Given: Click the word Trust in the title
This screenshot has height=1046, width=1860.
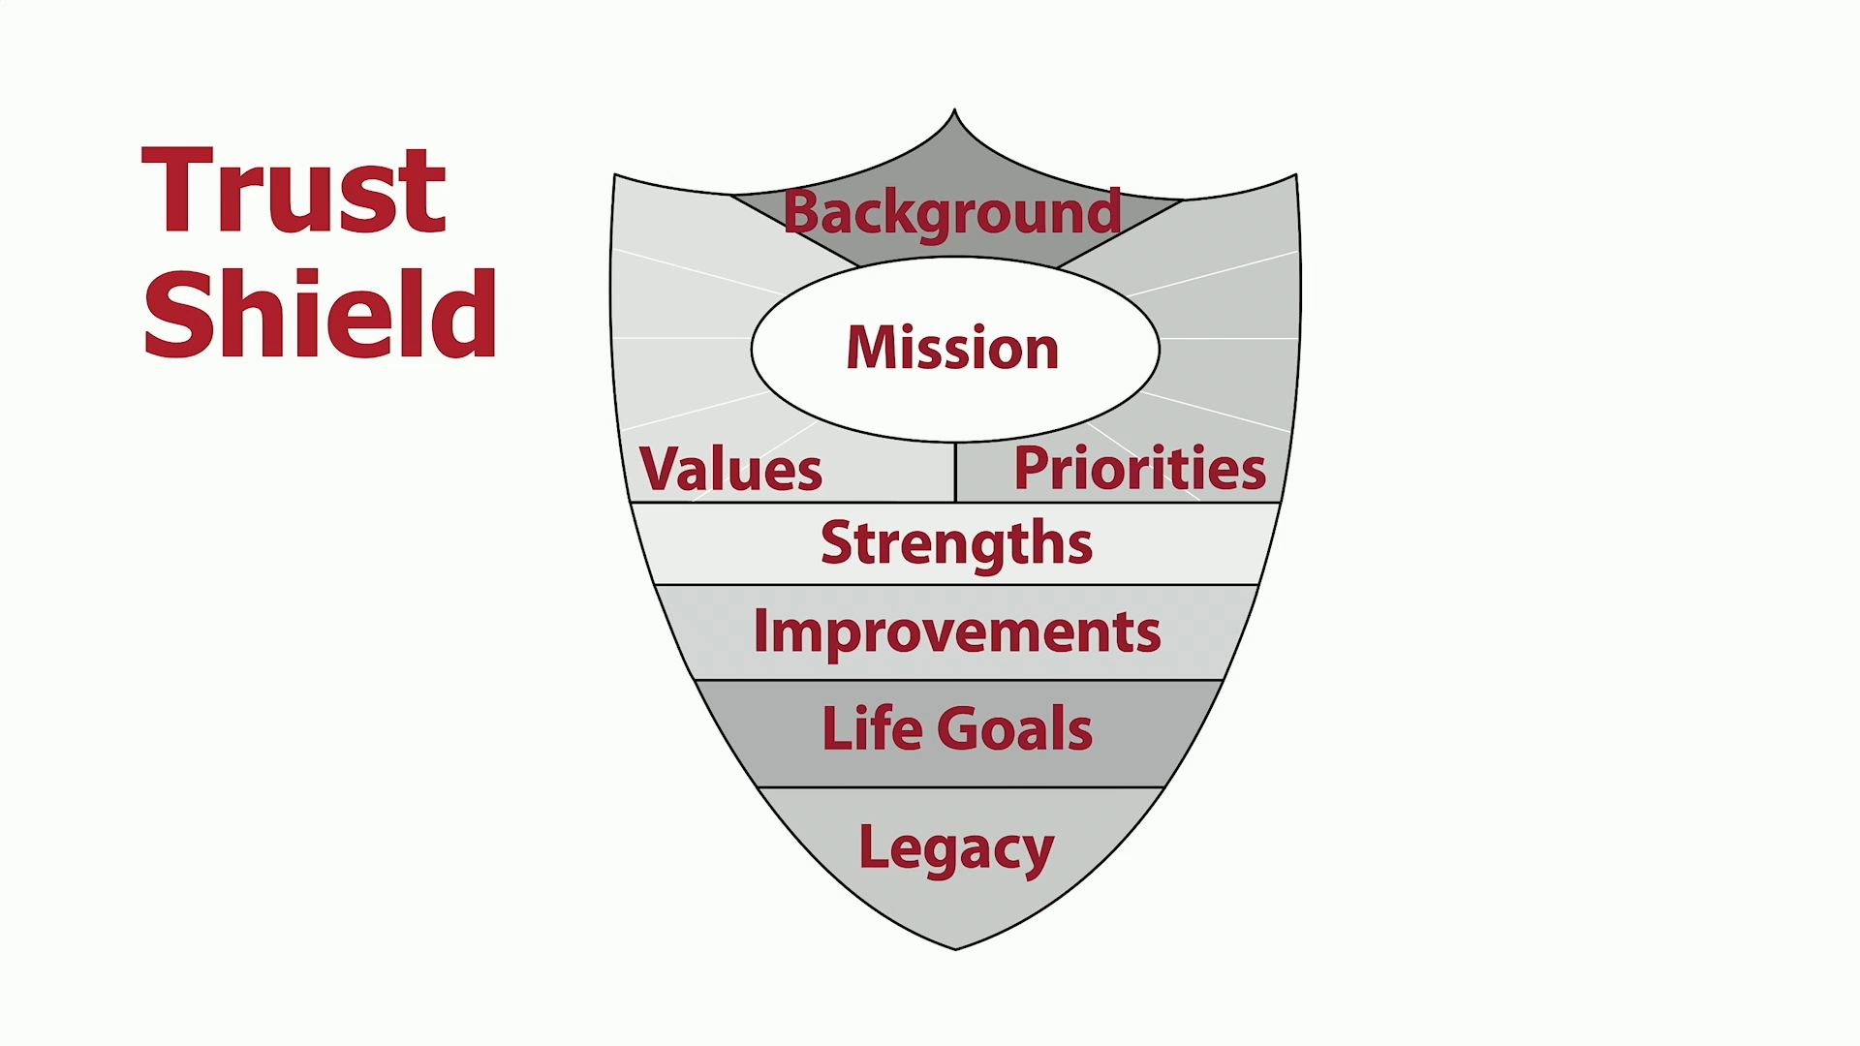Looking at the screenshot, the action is pyautogui.click(x=294, y=191).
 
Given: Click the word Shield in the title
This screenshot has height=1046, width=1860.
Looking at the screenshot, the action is pyautogui.click(x=320, y=313).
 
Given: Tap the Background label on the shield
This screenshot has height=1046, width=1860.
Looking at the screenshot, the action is pyautogui.click(x=952, y=214).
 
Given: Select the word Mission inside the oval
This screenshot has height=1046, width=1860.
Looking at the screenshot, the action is pyautogui.click(x=952, y=348).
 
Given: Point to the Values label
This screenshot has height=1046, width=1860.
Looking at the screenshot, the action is pyautogui.click(x=731, y=470).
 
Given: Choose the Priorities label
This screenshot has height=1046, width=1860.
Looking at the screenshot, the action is pyautogui.click(x=1139, y=469).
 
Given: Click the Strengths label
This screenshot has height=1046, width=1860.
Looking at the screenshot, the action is pyautogui.click(x=956, y=544).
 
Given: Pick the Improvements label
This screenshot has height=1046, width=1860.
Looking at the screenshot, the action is pyautogui.click(x=956, y=633).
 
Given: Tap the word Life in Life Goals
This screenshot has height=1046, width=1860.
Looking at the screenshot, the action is pyautogui.click(x=869, y=728).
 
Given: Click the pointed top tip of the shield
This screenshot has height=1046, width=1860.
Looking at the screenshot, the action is pyautogui.click(x=954, y=109).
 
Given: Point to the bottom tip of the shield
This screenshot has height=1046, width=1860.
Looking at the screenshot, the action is pyautogui.click(x=955, y=949).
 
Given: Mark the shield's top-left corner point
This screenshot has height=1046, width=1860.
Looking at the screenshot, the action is pyautogui.click(x=614, y=175).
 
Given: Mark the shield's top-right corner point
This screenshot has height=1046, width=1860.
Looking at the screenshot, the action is pyautogui.click(x=1296, y=175).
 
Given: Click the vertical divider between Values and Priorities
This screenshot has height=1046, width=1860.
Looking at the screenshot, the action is pyautogui.click(x=955, y=473).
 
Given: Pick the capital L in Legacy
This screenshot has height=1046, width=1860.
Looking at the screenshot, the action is pyautogui.click(x=874, y=846).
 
